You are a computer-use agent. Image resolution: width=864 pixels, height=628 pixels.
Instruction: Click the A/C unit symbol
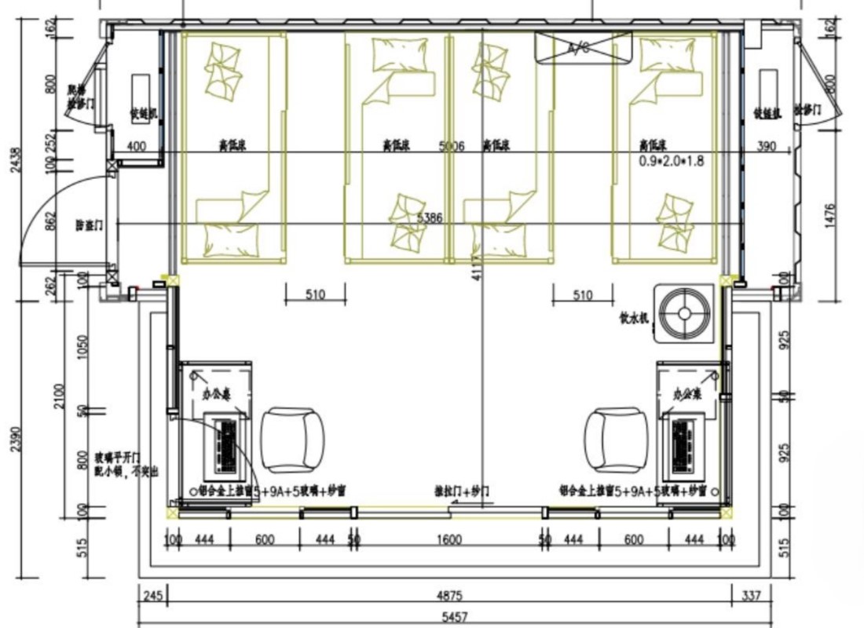click(583, 46)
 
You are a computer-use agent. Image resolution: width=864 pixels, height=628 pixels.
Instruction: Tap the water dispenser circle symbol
click(685, 314)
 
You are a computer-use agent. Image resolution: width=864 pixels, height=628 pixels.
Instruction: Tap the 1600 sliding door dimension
click(450, 540)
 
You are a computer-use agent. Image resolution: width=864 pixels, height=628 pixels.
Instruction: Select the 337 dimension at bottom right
click(752, 596)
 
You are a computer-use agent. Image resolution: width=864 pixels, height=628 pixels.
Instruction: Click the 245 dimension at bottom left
click(152, 596)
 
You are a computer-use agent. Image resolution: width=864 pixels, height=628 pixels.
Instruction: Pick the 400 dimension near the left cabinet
click(136, 146)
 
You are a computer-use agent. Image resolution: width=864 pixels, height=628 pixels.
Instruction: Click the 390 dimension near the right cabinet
click(765, 146)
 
